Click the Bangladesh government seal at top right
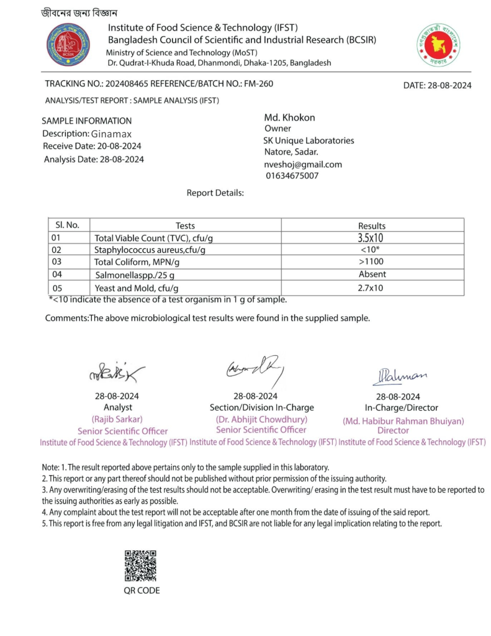click(438, 45)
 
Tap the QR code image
click(140, 566)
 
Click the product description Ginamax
click(112, 134)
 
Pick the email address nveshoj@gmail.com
click(303, 165)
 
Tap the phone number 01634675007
click(292, 176)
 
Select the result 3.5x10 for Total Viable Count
click(371, 238)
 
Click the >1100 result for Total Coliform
click(372, 262)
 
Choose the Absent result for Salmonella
click(372, 274)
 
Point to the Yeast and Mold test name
click(137, 288)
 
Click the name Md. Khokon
click(289, 117)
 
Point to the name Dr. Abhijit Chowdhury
click(261, 419)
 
